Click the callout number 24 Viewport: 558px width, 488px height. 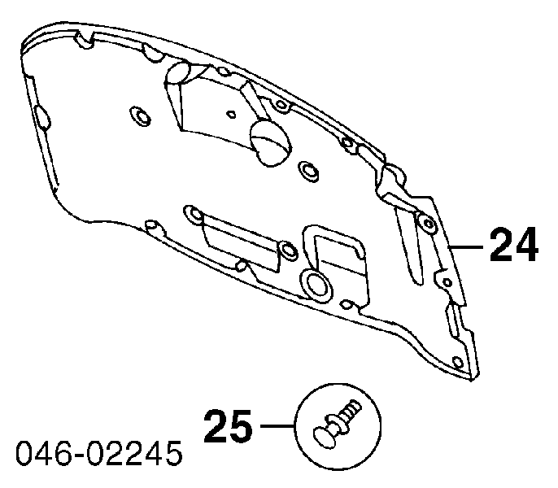[514, 246]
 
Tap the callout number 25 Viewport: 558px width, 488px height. [228, 426]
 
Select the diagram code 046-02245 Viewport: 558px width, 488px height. [99, 453]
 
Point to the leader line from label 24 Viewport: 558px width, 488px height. [467, 246]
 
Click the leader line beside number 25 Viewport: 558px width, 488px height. [277, 425]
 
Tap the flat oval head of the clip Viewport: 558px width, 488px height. [325, 437]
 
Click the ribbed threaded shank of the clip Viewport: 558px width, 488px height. [350, 411]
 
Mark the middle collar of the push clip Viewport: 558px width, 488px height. [336, 422]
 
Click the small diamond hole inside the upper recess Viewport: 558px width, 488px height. [232, 114]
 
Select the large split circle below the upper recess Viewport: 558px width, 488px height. [270, 142]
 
